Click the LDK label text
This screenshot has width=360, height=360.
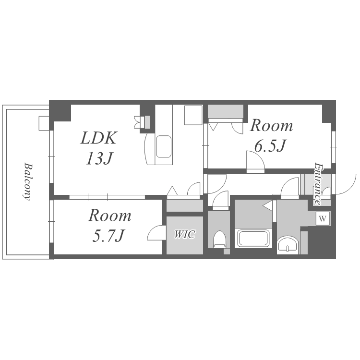point(99,138)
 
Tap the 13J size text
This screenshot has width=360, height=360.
point(99,159)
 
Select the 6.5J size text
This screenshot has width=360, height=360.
point(270,146)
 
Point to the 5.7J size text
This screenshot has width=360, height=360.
point(108,236)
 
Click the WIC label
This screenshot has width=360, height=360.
point(185,234)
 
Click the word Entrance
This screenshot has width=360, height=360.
point(318,184)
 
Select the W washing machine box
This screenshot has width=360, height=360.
point(323,218)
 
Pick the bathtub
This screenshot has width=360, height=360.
point(253,238)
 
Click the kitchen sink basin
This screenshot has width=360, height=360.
point(164,146)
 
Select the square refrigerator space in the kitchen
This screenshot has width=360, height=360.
point(193,115)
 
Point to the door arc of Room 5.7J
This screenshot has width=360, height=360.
point(155,233)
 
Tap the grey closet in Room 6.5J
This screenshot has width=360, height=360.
point(226,111)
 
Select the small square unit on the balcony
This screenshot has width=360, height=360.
point(44,123)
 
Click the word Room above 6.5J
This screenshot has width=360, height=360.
point(271,126)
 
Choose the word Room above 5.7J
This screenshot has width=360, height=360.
point(110,216)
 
